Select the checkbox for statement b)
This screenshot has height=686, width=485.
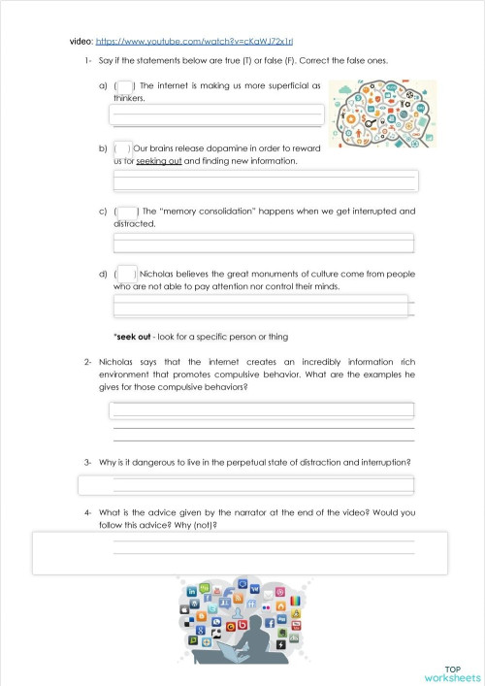[x=123, y=148]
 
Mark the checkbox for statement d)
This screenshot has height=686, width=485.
[x=127, y=275]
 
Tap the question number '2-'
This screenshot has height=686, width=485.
[x=87, y=362]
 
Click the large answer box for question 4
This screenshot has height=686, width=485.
[x=240, y=553]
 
